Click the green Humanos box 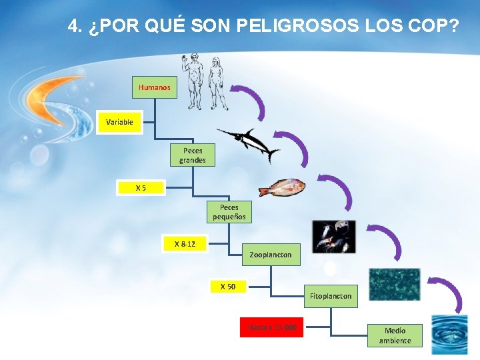point(155,87)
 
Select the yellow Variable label point(119,122)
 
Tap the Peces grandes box point(192,155)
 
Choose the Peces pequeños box point(229,212)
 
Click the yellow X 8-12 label point(185,244)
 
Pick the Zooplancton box point(270,255)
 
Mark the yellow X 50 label point(227,287)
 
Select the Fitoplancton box point(331,296)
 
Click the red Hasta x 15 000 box point(271,327)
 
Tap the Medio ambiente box point(395,335)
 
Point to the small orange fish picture point(282,187)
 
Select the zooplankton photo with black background point(334,236)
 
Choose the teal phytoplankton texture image point(394,284)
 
